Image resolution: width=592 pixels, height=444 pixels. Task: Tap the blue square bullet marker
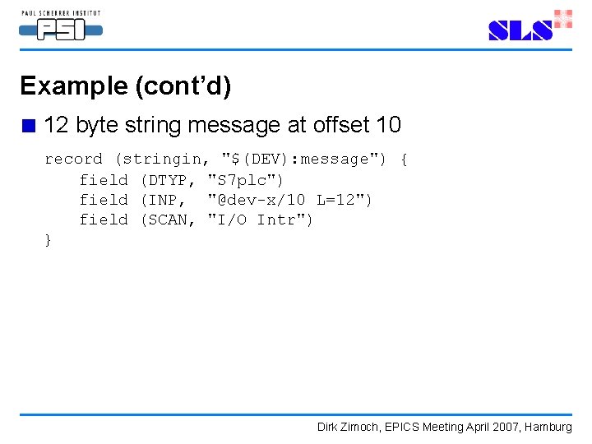[30, 127]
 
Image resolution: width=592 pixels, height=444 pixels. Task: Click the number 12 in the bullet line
[57, 125]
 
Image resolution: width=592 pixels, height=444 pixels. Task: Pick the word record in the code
[73, 159]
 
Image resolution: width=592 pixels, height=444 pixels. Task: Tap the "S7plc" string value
[247, 179]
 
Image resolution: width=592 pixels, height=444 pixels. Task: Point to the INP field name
[162, 200]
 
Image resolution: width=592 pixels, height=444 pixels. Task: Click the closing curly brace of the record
[48, 240]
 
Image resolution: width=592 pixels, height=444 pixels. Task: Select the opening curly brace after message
[403, 159]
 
